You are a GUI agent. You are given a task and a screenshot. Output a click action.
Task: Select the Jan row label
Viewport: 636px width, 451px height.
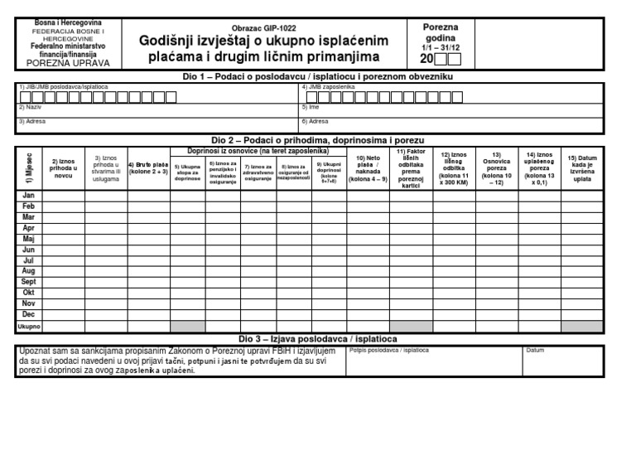pos(28,196)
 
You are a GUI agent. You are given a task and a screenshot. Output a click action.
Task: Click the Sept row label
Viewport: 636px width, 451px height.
pos(28,282)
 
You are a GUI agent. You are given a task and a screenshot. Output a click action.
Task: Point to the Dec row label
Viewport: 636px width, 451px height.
pos(28,314)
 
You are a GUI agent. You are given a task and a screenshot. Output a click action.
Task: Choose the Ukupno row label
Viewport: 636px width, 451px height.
pos(28,327)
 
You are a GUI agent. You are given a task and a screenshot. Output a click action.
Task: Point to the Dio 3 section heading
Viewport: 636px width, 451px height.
pos(318,339)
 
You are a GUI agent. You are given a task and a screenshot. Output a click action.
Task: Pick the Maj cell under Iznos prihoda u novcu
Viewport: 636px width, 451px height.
pos(63,239)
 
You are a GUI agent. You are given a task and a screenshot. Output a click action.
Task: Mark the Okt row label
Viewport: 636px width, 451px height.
pos(28,293)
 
